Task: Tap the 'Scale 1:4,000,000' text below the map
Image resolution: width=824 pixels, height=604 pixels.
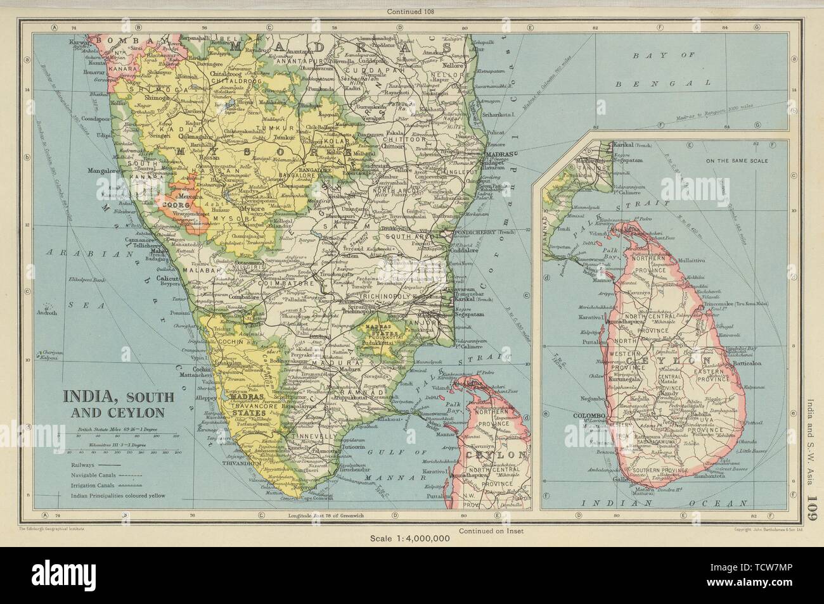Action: tap(411, 539)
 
